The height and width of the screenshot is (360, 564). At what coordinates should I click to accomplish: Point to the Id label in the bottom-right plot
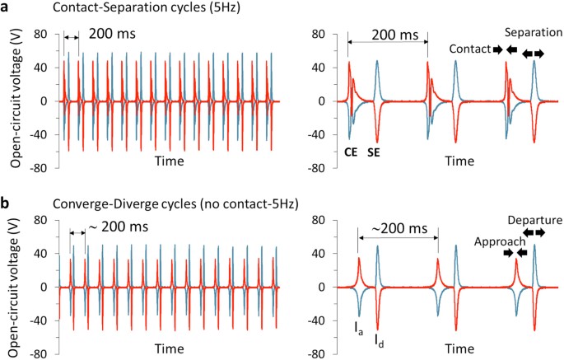(377, 339)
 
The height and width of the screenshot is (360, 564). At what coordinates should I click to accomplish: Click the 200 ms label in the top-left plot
(105, 35)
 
